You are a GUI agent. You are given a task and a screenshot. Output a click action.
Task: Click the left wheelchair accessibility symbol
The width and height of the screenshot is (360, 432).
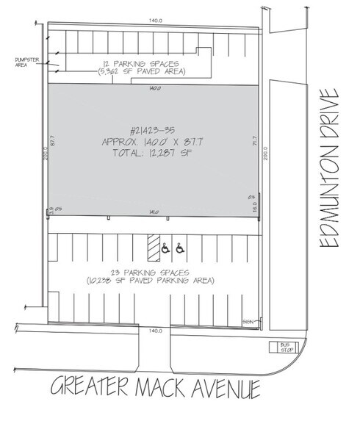click(x=165, y=250)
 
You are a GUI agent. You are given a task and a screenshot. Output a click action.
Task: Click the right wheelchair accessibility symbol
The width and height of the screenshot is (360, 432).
click(x=180, y=250)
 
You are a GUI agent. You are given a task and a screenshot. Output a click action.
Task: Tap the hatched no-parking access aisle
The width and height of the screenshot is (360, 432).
click(x=152, y=248)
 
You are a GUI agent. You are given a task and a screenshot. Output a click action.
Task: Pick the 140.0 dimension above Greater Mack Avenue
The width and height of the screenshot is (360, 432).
click(x=154, y=331)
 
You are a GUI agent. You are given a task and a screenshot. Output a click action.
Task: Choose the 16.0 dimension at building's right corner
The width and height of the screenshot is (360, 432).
click(x=255, y=208)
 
